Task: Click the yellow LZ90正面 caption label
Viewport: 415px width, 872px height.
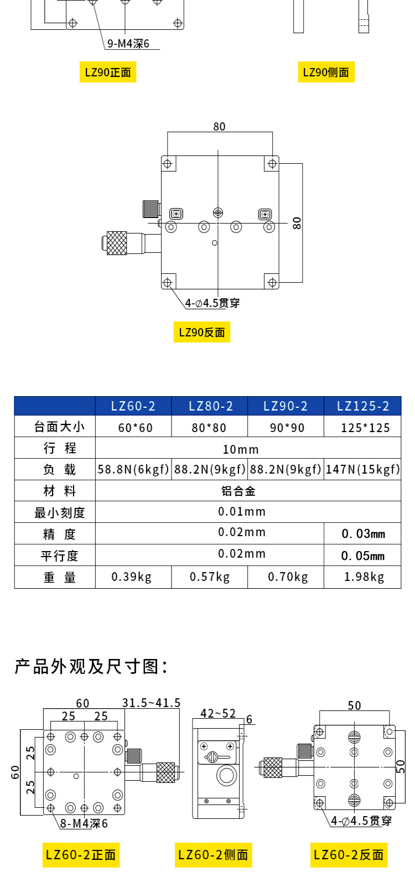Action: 108,72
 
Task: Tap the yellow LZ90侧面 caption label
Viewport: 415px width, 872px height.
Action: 326,72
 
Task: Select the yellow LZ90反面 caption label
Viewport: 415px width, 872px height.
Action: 201,332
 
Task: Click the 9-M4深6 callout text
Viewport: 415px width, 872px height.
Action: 128,44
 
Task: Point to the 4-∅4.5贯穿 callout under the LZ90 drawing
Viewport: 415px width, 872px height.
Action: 212,303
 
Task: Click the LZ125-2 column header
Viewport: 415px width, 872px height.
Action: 363,406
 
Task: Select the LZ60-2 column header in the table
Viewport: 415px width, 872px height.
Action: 133,406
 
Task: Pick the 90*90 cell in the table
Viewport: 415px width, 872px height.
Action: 287,428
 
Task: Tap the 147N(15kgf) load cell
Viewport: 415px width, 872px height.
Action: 362,470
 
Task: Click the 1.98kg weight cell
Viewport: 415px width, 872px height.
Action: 364,577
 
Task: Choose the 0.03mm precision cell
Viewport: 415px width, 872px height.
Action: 363,534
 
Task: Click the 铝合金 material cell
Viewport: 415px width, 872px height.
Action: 238,491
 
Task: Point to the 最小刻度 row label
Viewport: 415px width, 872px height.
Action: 59,513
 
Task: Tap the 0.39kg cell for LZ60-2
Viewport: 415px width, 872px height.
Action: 131,577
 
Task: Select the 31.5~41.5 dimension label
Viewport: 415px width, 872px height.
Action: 151,703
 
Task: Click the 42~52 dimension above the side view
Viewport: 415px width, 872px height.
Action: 218,713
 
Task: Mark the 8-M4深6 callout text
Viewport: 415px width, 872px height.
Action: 84,823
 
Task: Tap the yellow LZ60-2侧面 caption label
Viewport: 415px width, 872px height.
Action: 213,855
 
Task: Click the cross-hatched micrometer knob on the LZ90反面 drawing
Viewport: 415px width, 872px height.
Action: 117,243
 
